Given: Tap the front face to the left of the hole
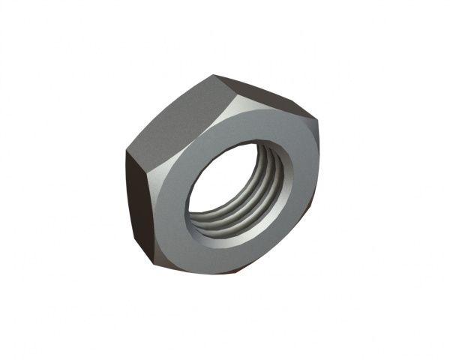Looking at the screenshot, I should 174,202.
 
